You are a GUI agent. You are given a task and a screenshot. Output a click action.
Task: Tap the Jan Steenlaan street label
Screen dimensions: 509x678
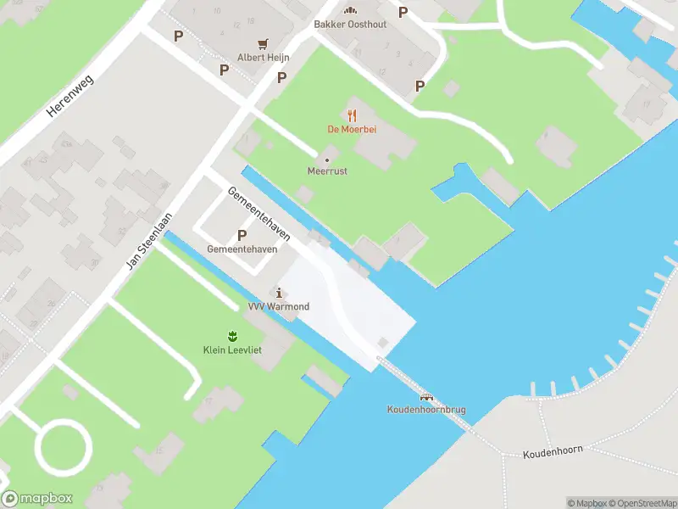point(148,241)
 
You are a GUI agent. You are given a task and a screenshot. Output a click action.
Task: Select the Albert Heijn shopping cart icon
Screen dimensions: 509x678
point(264,43)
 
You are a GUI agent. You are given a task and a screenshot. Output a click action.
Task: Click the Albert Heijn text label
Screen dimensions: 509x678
point(263,57)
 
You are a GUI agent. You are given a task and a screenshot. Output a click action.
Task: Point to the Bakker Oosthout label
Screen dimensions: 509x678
point(350,25)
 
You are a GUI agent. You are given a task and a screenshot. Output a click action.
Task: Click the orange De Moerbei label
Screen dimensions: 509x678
point(352,130)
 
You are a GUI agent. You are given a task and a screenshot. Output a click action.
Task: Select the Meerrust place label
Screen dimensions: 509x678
point(327,171)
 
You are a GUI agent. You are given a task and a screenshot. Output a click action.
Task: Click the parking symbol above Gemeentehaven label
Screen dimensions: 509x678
point(242,235)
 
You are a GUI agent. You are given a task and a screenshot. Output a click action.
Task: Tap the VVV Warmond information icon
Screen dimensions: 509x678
point(278,293)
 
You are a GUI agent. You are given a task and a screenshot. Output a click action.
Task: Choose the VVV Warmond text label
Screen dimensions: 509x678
point(278,306)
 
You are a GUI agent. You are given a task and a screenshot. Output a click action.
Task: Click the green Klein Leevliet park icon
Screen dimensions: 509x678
point(231,336)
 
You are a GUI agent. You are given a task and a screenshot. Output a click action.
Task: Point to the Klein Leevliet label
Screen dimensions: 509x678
point(231,350)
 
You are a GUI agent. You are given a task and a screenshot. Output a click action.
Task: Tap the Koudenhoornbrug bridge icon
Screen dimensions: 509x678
point(426,397)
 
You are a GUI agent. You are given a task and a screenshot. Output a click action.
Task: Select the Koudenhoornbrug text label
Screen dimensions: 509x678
point(426,411)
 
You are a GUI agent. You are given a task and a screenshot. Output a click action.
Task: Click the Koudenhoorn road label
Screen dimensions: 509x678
point(553,450)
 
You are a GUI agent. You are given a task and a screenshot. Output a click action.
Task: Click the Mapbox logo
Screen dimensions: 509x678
point(37,499)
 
